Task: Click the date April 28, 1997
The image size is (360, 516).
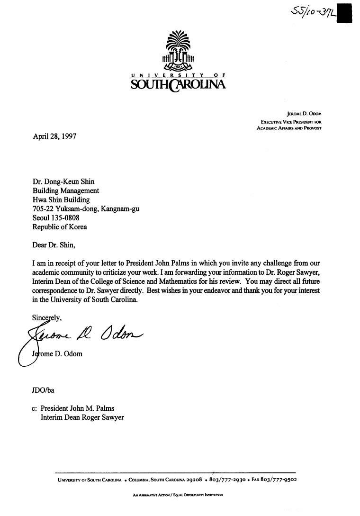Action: pyautogui.click(x=54, y=136)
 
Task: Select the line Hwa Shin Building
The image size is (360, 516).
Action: pyautogui.click(x=61, y=200)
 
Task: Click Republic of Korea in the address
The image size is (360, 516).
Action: pyautogui.click(x=60, y=226)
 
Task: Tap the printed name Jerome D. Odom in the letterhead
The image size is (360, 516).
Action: pyautogui.click(x=304, y=114)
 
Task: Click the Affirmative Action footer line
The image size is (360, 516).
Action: pyautogui.click(x=178, y=496)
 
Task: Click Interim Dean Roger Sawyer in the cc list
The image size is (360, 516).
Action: pyautogui.click(x=82, y=417)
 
